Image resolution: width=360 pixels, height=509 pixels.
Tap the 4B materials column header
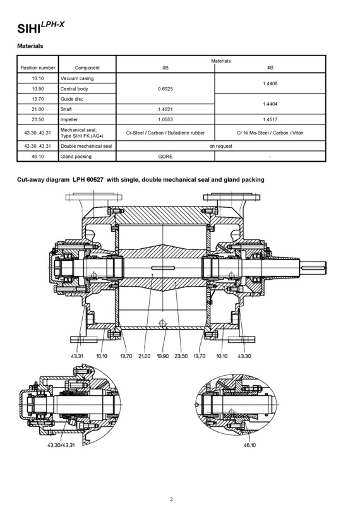tap(271, 68)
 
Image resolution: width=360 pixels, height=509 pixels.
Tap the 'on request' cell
tap(222, 145)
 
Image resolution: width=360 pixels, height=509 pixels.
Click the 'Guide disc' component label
tap(74, 99)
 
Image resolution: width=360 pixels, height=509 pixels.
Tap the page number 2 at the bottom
tap(172, 499)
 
